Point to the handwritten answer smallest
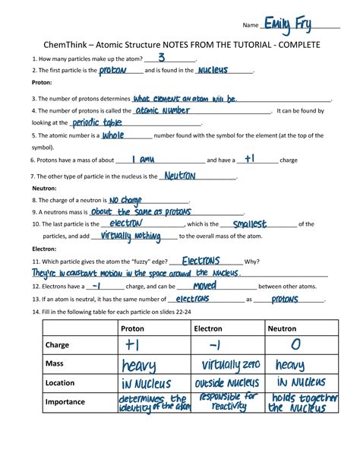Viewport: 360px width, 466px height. [x=249, y=224]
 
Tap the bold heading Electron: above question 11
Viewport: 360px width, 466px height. [x=44, y=249]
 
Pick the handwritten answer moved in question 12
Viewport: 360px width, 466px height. [x=204, y=286]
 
